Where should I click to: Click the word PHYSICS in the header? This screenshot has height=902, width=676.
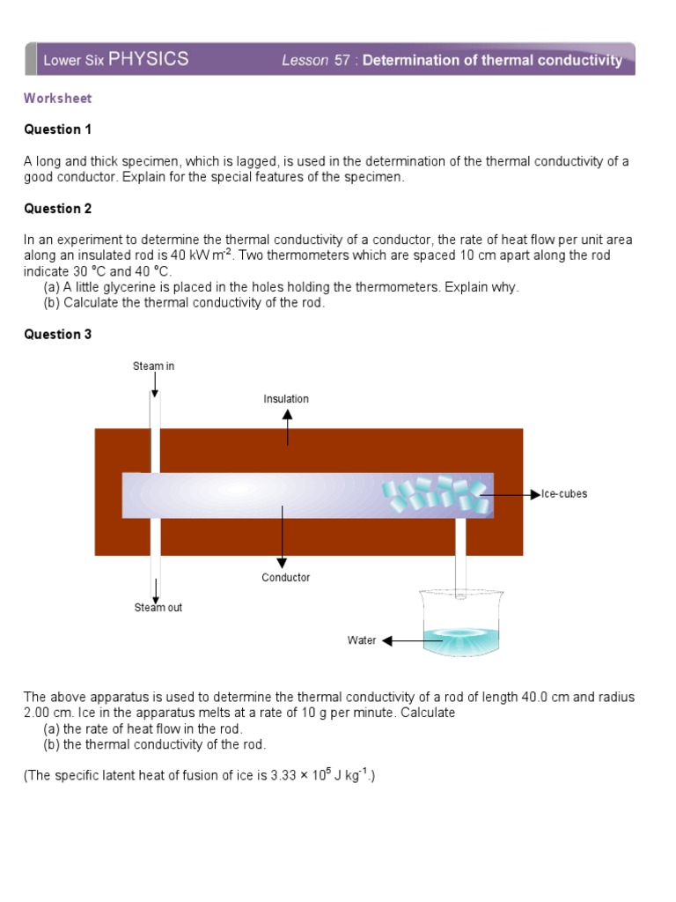pyautogui.click(x=148, y=59)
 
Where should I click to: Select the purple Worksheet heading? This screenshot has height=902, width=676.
pyautogui.click(x=58, y=99)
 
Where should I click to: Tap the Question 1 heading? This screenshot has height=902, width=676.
pyautogui.click(x=58, y=129)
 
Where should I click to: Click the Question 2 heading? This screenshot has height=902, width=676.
pyautogui.click(x=58, y=209)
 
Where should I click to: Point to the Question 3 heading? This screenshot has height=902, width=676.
pyautogui.click(x=58, y=334)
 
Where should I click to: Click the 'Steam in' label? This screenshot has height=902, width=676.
pyautogui.click(x=154, y=366)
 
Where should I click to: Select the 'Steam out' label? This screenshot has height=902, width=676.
pyautogui.click(x=158, y=608)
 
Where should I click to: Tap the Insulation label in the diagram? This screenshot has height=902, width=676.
pyautogui.click(x=286, y=399)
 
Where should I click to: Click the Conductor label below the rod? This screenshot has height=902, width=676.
pyautogui.click(x=285, y=578)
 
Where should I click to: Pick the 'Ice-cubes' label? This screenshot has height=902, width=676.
pyautogui.click(x=563, y=494)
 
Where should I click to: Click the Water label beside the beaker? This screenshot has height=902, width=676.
pyautogui.click(x=361, y=640)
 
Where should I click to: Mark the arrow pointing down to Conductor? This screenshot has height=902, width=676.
pyautogui.click(x=283, y=537)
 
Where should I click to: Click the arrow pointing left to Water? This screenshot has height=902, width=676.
pyautogui.click(x=400, y=641)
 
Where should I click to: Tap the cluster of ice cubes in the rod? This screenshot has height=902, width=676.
pyautogui.click(x=436, y=494)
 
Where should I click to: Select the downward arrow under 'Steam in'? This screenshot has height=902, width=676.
pyautogui.click(x=155, y=384)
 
